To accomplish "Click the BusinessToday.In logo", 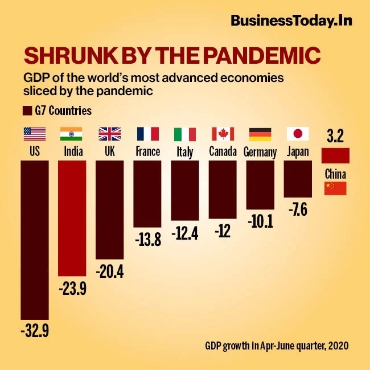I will click(291, 20).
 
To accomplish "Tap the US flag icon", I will click(34, 134).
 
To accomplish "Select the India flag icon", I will click(71, 134).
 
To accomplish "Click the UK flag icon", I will click(109, 134).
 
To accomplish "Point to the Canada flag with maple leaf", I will click(223, 134).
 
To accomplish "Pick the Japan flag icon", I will click(298, 134).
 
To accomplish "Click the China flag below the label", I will click(335, 188).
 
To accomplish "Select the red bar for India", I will click(72, 219).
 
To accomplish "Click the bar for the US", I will click(34, 239).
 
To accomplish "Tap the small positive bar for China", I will click(335, 155).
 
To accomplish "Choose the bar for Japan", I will click(298, 179).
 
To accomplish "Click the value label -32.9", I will click(34, 330).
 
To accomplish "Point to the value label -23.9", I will click(72, 289).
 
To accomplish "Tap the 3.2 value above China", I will click(335, 137).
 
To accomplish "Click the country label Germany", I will click(260, 152).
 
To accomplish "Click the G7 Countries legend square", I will click(26, 110).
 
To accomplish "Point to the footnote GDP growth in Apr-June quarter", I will click(276, 346).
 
